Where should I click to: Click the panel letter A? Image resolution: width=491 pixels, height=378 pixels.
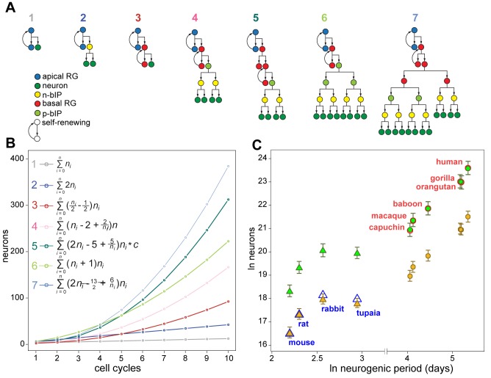point(8,7)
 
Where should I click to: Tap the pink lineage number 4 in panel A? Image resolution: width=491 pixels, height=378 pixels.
point(195,17)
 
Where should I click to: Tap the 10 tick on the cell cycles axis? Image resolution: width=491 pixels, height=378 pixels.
point(229,355)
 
